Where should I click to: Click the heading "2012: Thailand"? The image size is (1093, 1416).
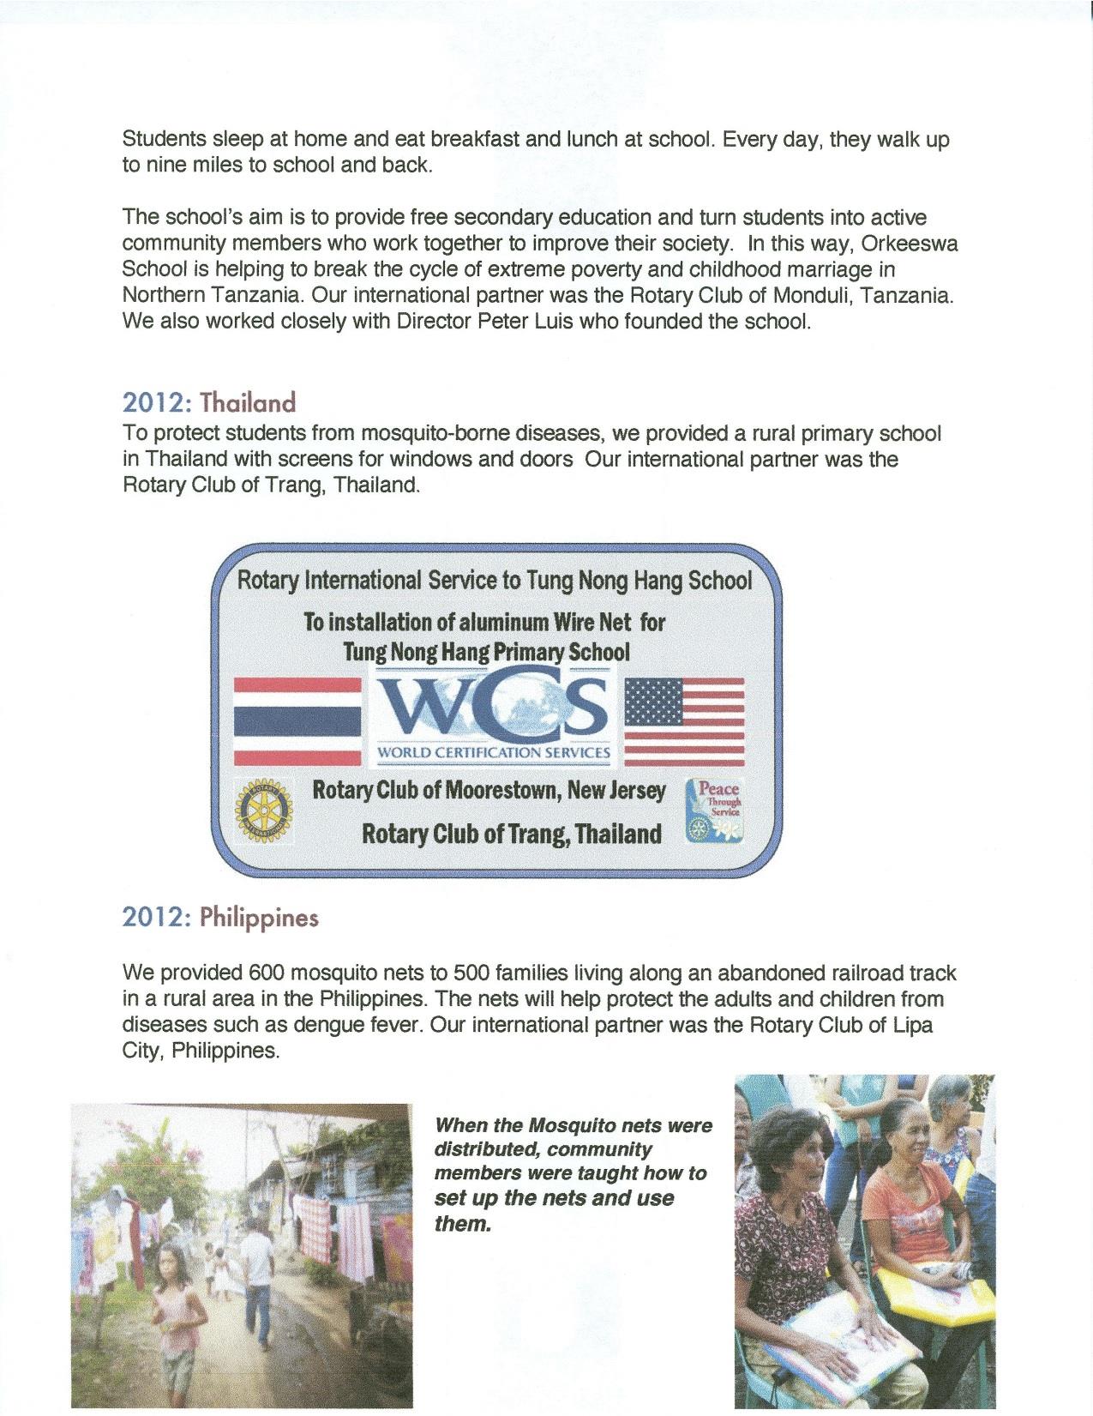point(209,402)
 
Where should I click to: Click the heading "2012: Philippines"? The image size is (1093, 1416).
point(220,918)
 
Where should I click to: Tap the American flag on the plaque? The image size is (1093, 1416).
point(684,720)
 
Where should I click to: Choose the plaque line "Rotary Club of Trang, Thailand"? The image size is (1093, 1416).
point(512,834)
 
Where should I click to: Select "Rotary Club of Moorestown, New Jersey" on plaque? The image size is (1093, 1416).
point(489,790)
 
